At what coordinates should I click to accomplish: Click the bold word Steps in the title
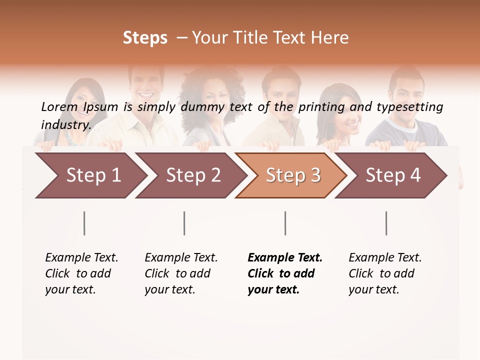coord(145,38)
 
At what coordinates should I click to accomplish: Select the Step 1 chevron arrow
coord(90,175)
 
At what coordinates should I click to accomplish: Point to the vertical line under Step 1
coord(84,223)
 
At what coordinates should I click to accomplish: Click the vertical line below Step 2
coord(184,223)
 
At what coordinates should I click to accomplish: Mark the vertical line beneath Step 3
coord(285,223)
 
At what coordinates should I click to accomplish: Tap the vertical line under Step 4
coord(386,223)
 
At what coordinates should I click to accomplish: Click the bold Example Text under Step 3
coord(284,273)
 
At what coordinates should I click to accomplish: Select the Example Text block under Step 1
coord(81,273)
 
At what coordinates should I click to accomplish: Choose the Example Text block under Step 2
coord(180,273)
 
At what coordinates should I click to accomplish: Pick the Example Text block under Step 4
coord(384,273)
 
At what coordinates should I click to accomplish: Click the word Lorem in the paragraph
coord(59,107)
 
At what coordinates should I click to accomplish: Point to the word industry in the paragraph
coord(65,124)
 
